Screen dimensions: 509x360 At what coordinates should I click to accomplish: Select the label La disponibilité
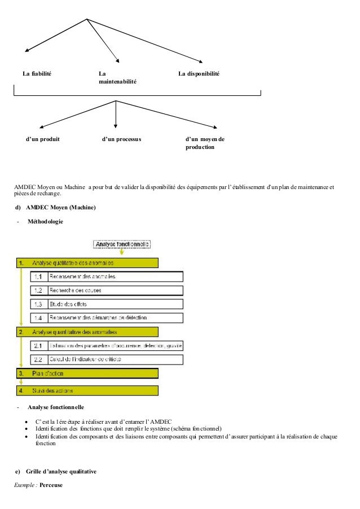(199, 74)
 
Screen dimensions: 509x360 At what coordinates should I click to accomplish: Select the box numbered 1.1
(107, 277)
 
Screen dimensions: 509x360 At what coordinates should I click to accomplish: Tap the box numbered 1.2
(107, 291)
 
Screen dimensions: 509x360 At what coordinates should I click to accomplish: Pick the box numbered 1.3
(107, 305)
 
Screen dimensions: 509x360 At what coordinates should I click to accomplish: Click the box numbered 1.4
(107, 318)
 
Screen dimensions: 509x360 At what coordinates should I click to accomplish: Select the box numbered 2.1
(107, 345)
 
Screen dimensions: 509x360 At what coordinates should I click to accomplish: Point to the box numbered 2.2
(107, 359)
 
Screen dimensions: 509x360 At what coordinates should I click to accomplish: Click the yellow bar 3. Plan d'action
(87, 374)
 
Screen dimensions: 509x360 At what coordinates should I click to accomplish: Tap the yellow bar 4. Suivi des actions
(87, 390)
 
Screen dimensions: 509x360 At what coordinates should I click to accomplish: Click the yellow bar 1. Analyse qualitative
(87, 262)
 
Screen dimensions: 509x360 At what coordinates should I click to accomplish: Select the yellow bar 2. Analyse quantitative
(87, 332)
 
